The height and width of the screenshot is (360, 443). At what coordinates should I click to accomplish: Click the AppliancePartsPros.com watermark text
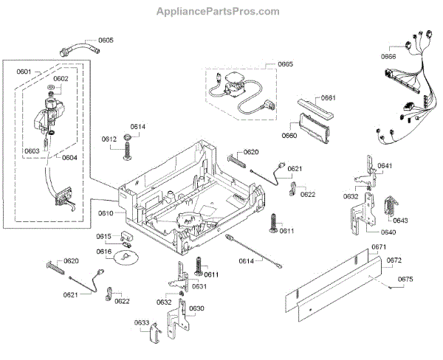pos(218,11)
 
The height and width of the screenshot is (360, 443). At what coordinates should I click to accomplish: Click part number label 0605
pos(106,40)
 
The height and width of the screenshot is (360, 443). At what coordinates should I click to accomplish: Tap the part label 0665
pos(285,64)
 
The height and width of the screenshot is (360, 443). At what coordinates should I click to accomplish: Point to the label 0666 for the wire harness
pos(388,57)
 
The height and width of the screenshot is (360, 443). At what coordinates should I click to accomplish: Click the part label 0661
pos(329,97)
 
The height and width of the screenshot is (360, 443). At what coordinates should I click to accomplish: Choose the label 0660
pos(289,136)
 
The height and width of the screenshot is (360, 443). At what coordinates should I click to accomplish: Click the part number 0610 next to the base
pos(106,213)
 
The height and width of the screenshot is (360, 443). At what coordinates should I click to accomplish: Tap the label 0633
pos(142,322)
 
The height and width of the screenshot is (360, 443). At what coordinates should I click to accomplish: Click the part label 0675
pos(405,280)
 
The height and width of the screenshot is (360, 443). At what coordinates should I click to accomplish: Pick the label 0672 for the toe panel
pos(394,260)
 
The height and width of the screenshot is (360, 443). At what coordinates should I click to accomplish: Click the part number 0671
pos(379,247)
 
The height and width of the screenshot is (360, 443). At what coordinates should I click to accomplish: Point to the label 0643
pos(400,221)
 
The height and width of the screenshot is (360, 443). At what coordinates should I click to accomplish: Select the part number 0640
pos(388,232)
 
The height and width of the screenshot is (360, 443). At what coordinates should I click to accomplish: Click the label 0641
pos(385,165)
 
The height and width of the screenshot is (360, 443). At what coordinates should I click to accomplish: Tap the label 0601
pos(24,72)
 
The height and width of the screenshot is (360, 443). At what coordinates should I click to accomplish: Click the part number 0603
pos(32,151)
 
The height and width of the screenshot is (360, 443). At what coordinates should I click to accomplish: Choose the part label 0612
pos(109,139)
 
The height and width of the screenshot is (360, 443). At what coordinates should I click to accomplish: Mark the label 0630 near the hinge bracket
pos(196,308)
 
